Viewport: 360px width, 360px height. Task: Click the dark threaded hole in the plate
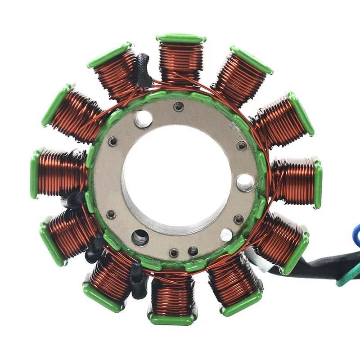click(139, 237)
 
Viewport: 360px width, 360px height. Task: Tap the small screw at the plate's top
click(179, 106)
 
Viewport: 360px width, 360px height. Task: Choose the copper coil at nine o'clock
click(61, 173)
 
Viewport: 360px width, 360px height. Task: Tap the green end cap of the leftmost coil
click(35, 175)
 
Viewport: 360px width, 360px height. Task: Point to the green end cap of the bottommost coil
click(172, 319)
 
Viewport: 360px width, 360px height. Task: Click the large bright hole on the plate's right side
click(245, 182)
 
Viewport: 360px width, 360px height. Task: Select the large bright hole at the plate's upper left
click(143, 119)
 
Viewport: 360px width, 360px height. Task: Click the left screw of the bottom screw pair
click(174, 253)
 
